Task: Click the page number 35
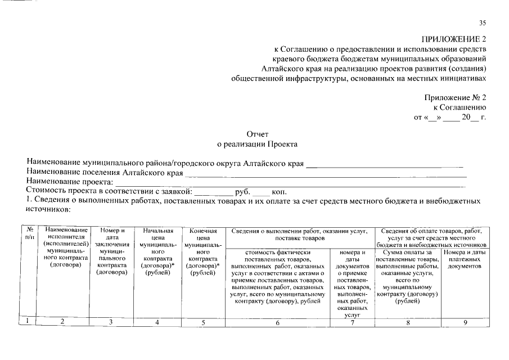coord(482,23)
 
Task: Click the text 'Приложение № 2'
coord(455,97)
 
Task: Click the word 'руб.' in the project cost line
coord(243,191)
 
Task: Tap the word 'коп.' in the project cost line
coord(280,191)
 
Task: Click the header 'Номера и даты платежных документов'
coord(465,259)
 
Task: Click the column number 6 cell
coord(278,322)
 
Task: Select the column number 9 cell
coord(465,322)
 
